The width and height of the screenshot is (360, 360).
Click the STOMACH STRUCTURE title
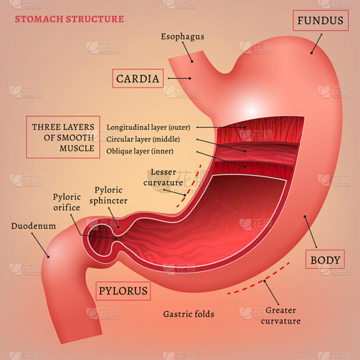(x=69, y=19)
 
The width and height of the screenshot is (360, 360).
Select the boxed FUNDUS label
(x=321, y=20)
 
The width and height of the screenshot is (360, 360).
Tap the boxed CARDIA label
(x=138, y=79)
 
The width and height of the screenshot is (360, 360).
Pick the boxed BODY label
(x=325, y=259)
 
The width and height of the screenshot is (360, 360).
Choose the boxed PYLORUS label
(x=123, y=291)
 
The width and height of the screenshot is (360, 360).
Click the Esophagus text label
(x=183, y=37)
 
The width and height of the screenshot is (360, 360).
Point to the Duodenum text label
(x=33, y=226)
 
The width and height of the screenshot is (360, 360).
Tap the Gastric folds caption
(x=189, y=314)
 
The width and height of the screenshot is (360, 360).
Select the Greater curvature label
(x=281, y=316)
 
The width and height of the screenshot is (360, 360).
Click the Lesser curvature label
(x=163, y=177)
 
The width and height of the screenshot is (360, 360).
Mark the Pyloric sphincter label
(x=108, y=195)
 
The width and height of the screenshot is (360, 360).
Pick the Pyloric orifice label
(x=67, y=202)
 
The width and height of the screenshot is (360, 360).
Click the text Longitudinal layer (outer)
(x=148, y=127)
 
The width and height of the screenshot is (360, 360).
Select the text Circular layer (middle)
(x=143, y=139)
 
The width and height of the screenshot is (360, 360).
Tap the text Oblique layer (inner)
(x=140, y=151)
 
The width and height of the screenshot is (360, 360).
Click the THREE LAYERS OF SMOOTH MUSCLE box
(x=63, y=137)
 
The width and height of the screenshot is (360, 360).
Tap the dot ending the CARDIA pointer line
(x=190, y=78)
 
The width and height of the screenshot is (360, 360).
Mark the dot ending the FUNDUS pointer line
(x=311, y=53)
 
